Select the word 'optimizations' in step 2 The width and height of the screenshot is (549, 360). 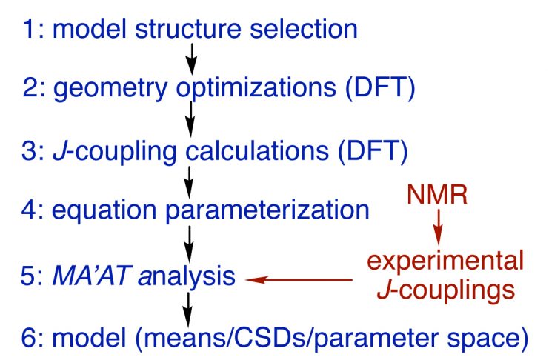256,89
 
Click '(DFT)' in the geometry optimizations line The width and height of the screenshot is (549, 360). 381,88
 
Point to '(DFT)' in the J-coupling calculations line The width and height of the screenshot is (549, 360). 373,151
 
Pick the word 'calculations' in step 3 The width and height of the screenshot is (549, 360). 257,150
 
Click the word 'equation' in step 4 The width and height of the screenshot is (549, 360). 104,211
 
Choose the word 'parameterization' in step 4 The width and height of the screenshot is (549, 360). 267,211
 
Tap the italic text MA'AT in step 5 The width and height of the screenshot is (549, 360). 92,276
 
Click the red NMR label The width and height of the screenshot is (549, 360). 437,194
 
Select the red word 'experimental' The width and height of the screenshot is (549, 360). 445,261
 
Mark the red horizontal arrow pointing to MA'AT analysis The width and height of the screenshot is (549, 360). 299,280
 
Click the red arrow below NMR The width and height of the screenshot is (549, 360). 438,227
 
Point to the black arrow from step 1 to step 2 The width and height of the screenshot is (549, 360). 191,59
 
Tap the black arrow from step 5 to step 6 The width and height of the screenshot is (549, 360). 188,310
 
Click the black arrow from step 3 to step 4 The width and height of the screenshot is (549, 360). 189,182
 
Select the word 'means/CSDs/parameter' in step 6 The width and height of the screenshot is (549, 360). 298,338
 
